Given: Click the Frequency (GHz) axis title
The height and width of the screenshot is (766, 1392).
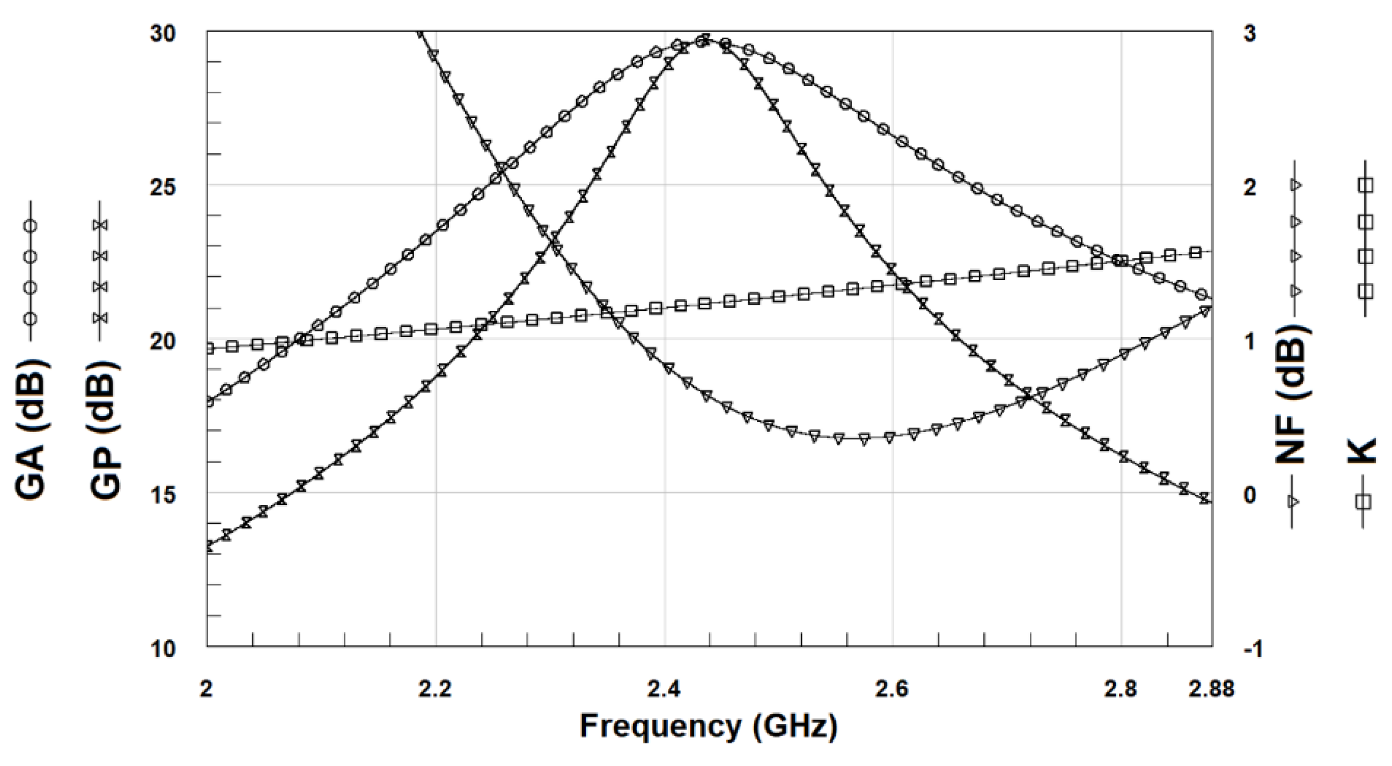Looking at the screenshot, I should point(709,726).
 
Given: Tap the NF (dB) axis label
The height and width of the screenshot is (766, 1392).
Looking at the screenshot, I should point(1292,395).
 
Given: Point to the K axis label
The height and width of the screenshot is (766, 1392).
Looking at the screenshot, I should point(1365,451).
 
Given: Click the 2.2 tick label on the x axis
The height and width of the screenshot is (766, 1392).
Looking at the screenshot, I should point(436,690).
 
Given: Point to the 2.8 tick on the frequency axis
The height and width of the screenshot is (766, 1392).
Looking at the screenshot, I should point(1122,690).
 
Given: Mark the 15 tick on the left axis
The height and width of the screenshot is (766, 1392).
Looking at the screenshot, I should point(163,494).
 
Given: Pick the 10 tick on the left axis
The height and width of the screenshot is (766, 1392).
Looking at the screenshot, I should point(163,648).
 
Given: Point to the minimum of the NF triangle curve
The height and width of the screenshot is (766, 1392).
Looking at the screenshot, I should point(864,439).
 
